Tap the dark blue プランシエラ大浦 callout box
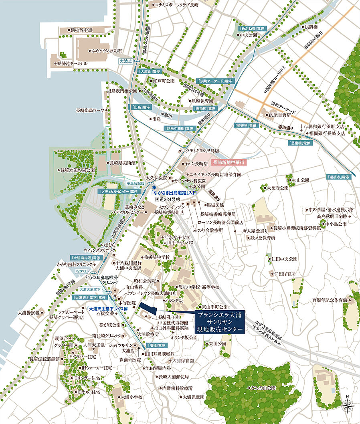[x=220, y=322]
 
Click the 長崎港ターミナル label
[x=72, y=64]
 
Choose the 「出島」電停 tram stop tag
[x=141, y=107]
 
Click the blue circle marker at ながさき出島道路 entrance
[x=154, y=187]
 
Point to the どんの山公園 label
[x=263, y=388]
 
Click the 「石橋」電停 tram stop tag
[x=156, y=345]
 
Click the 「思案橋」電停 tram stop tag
[x=299, y=143]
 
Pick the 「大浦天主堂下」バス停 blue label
[x=107, y=309]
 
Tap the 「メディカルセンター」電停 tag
[x=119, y=192]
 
